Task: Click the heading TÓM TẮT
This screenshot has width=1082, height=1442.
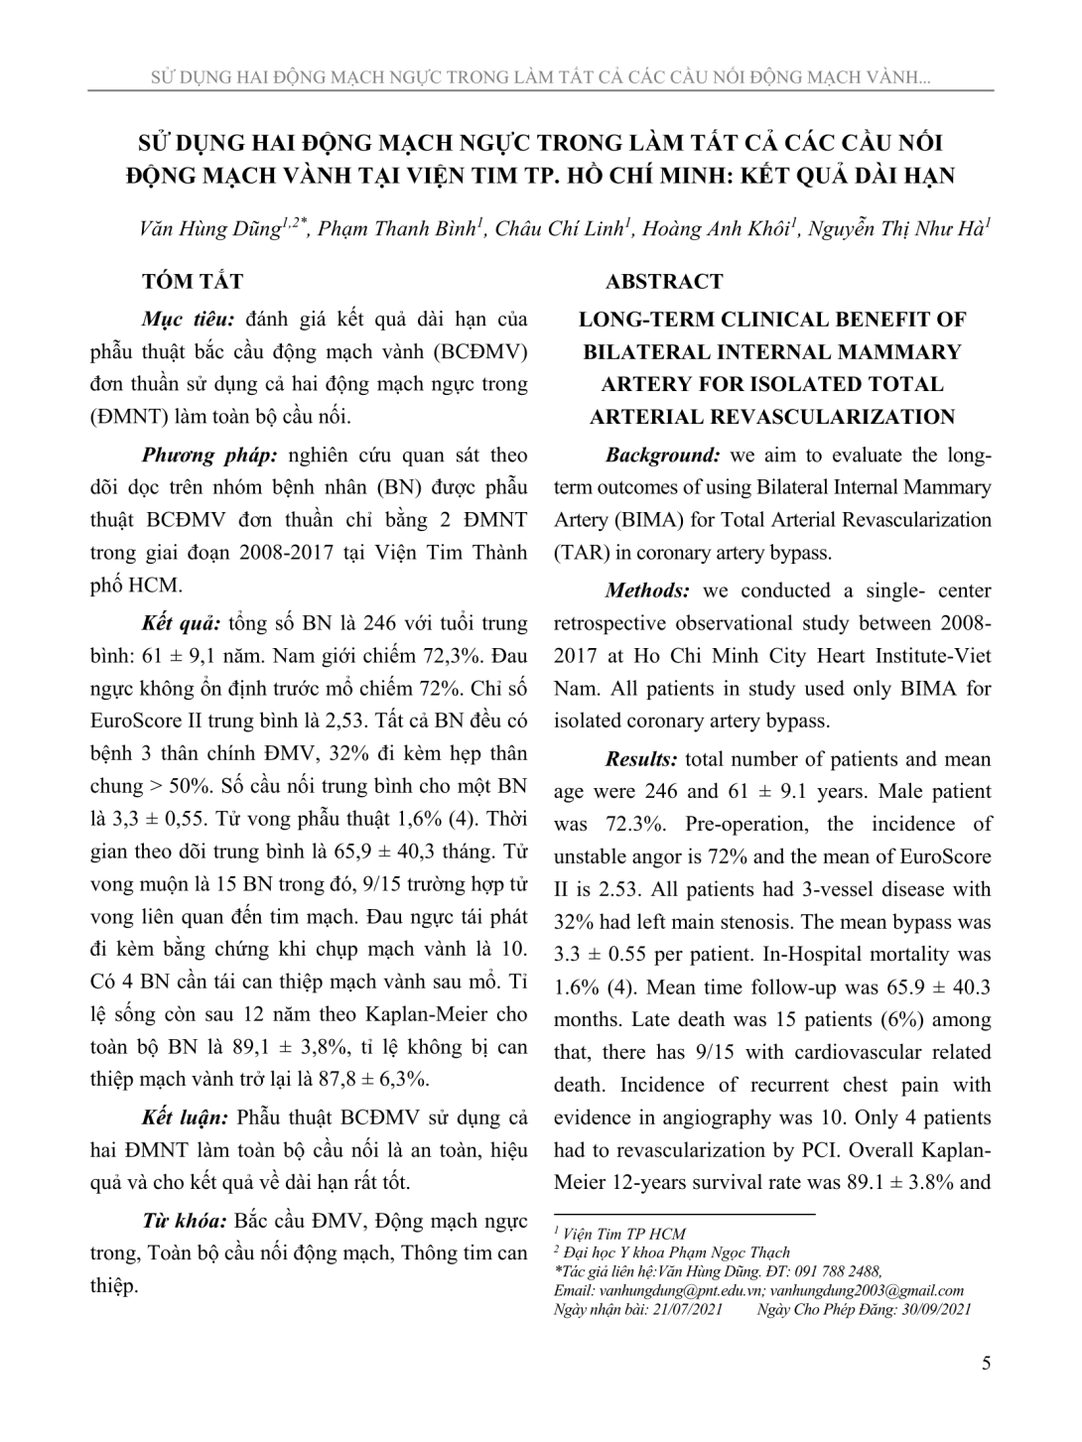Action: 193,282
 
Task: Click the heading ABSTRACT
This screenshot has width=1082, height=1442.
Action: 664,282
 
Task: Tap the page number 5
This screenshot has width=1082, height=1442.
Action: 986,1363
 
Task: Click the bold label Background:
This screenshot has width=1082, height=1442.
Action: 662,456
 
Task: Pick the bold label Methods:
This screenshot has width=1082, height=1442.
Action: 648,591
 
